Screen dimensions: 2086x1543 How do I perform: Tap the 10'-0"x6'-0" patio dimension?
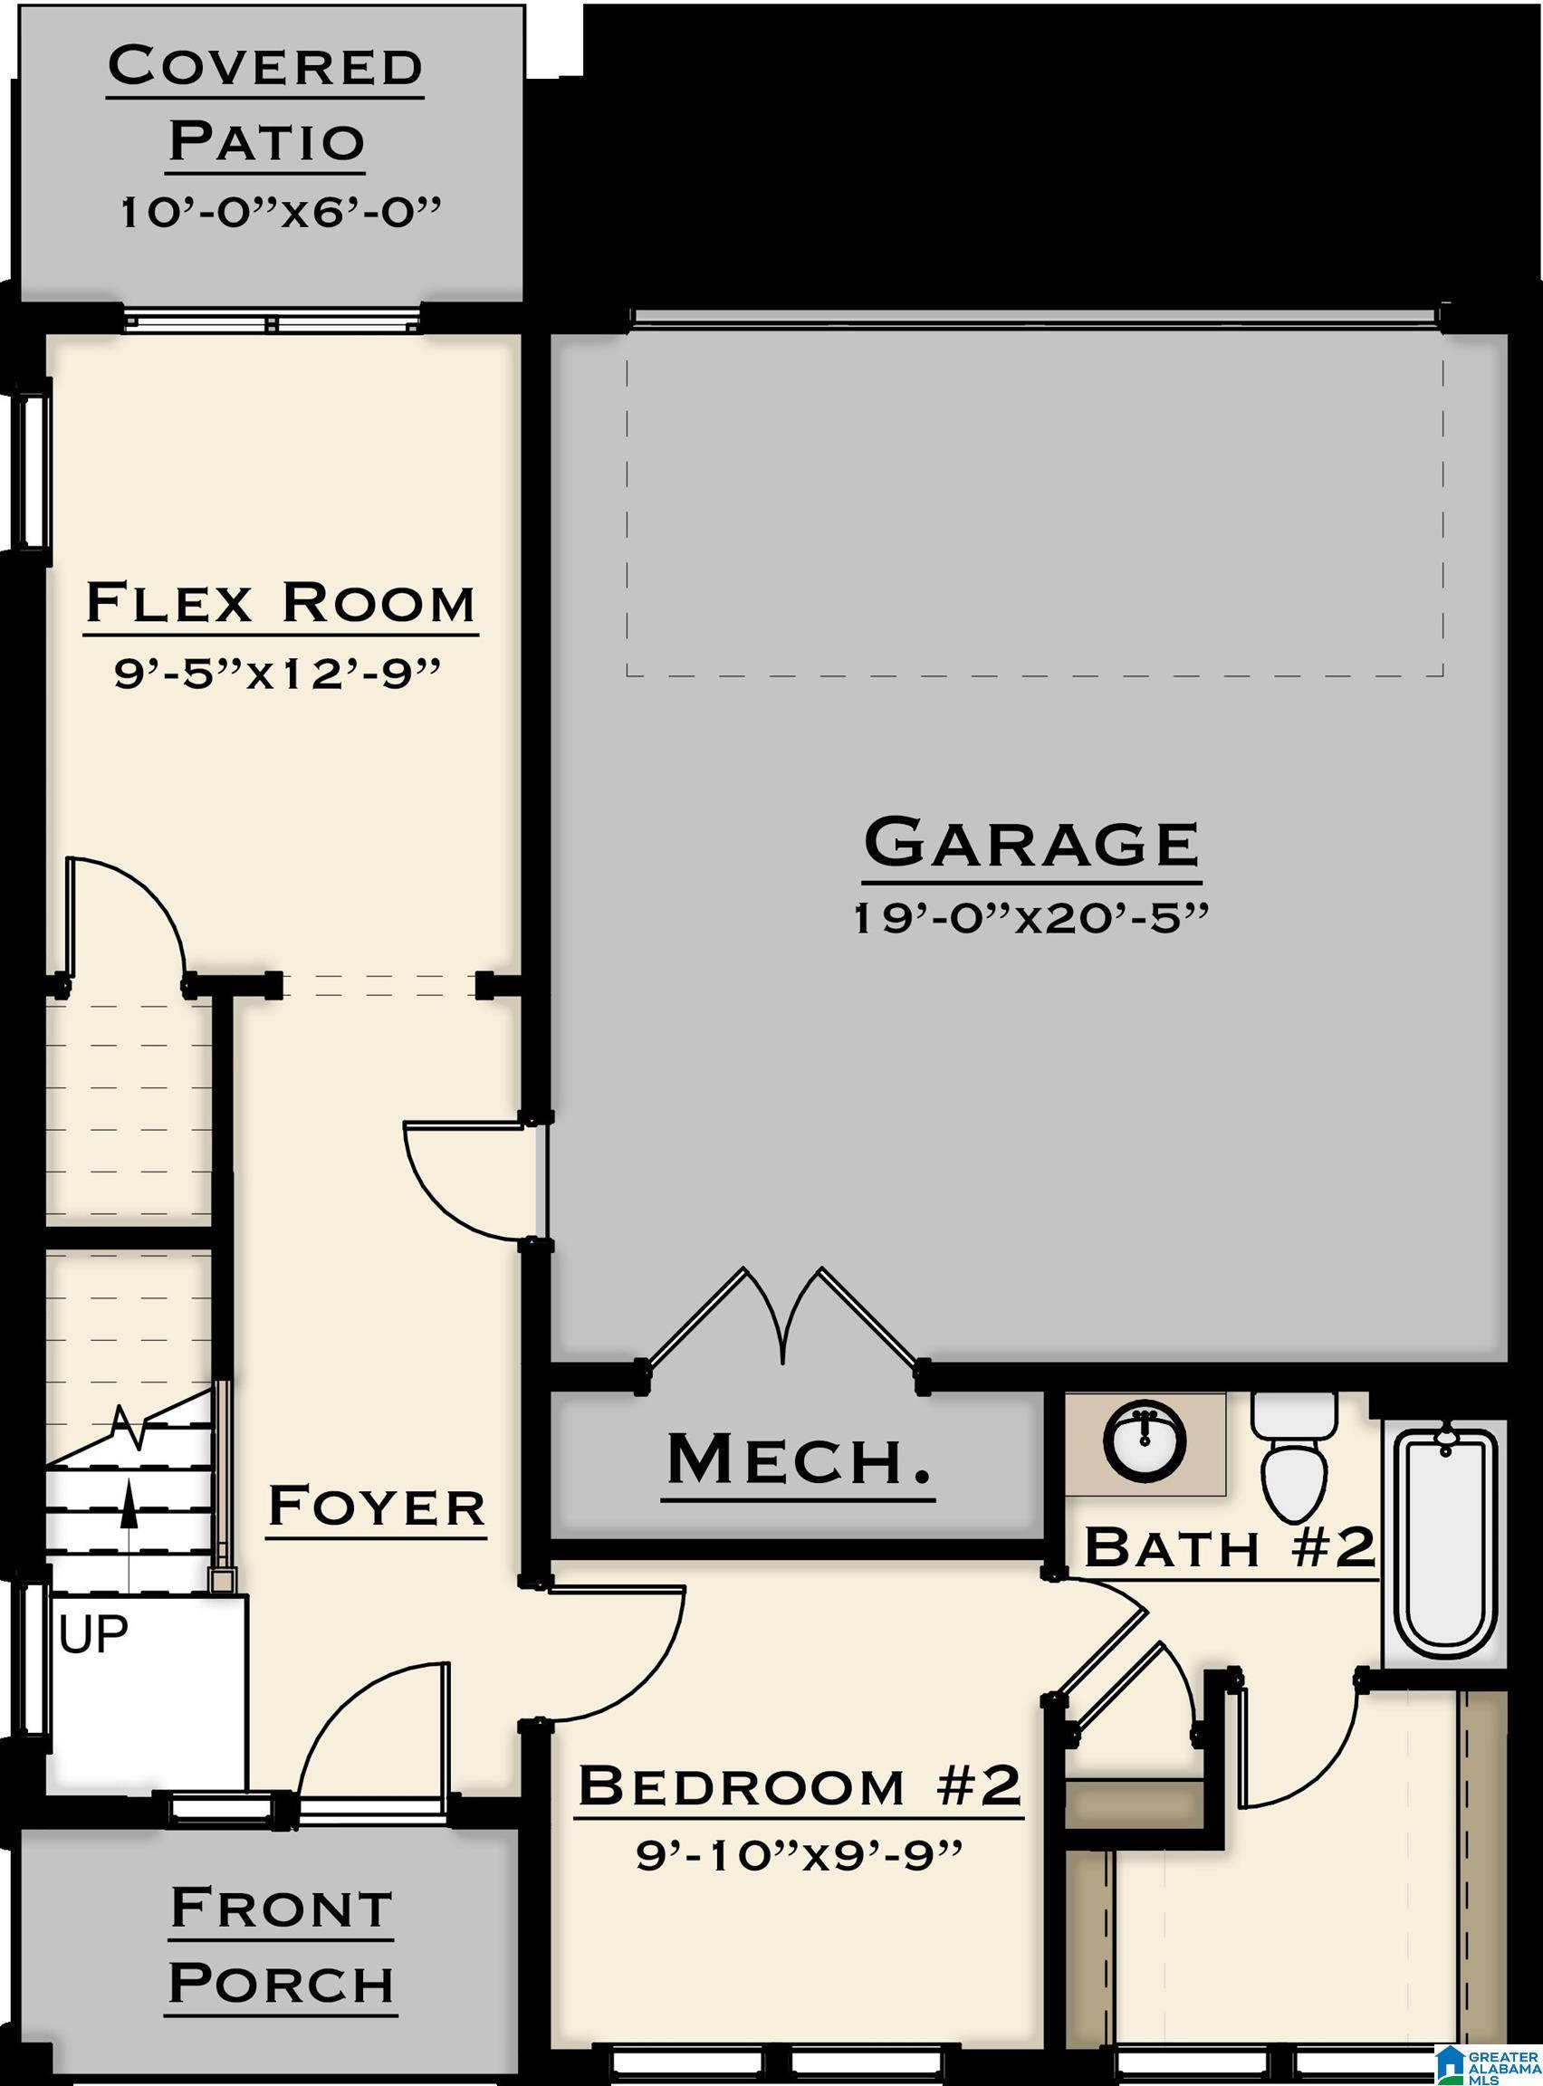point(279,213)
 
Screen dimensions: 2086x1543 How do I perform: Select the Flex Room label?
point(280,604)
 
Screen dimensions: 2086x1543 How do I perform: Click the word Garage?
point(1031,843)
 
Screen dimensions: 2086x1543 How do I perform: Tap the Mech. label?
point(799,1461)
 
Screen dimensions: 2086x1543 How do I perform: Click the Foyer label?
point(377,1507)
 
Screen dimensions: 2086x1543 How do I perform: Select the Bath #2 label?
point(1229,1547)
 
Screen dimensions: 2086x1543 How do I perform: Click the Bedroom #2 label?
point(799,1786)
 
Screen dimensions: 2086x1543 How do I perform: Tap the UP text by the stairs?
point(93,1634)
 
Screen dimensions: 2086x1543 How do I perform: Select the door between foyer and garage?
point(467,1179)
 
